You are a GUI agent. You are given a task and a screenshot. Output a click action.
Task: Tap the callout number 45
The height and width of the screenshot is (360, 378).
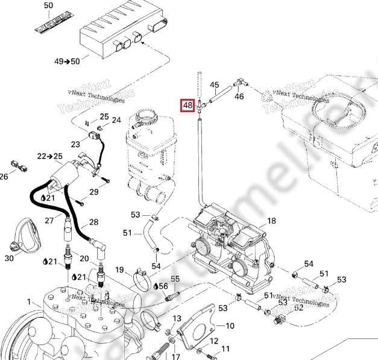[215, 85]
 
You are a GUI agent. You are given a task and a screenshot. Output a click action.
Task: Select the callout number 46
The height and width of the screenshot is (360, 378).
[239, 96]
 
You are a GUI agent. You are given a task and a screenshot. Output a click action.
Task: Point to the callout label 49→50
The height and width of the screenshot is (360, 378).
[67, 62]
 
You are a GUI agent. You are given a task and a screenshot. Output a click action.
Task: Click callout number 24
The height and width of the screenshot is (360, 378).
[116, 120]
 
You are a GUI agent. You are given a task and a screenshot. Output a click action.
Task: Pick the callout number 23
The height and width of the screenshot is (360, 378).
[75, 144]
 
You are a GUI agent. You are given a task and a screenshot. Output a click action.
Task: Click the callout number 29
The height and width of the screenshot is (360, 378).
[93, 192]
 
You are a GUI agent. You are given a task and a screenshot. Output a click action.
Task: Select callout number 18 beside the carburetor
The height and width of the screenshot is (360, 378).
[271, 221]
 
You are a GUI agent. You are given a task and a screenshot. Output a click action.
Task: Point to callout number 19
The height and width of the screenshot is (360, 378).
[119, 270]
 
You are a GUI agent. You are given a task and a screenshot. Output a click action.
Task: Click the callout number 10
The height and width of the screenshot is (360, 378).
[230, 326]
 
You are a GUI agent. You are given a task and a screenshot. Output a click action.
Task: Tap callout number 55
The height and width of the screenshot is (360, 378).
[175, 279]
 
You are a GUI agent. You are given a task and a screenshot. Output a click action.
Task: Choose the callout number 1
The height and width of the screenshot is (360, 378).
[28, 301]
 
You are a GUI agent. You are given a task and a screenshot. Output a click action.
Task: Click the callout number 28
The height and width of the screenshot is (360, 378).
[93, 222]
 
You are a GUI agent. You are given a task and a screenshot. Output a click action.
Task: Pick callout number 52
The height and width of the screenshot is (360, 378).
[298, 307]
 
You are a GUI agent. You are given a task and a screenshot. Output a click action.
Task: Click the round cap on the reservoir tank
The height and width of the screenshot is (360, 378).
[145, 115]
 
